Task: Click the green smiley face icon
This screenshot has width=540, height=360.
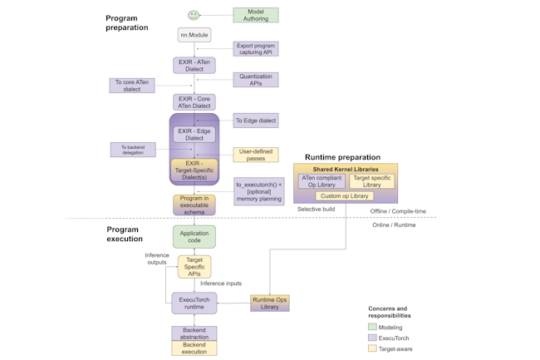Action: point(194,15)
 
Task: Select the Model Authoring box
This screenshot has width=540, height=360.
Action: point(256,15)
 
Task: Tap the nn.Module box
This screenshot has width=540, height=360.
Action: point(194,35)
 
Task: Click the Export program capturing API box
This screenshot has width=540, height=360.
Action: point(256,48)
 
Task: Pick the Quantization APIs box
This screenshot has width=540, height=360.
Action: point(256,79)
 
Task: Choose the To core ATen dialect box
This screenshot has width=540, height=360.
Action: point(132,85)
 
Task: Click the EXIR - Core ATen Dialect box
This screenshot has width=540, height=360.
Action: point(194,102)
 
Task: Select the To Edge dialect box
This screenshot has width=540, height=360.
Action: point(256,121)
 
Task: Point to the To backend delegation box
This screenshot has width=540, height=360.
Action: point(133,150)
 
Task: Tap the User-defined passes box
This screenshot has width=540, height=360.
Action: point(256,155)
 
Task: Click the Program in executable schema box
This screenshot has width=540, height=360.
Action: point(194,204)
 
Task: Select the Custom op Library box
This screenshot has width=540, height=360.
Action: point(344,196)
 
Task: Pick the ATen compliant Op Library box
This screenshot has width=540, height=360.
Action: point(322,180)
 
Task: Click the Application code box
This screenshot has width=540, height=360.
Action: point(194,237)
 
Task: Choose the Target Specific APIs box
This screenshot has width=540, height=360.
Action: point(194,267)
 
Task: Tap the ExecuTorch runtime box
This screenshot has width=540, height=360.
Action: point(194,303)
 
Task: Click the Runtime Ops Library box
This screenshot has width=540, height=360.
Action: point(270,303)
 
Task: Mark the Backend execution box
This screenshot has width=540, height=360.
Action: point(194,348)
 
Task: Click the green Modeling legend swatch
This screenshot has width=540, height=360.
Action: point(373,327)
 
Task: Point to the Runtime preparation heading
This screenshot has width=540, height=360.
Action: point(342,157)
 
